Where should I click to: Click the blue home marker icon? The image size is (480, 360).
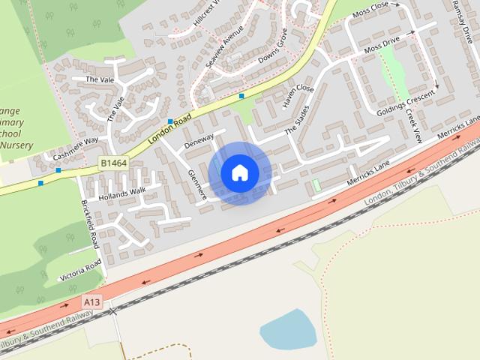click(x=239, y=172)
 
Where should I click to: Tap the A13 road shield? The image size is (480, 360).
click(x=92, y=302)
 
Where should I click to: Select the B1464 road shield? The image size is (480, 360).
click(x=112, y=162)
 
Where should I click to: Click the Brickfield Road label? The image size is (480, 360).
click(x=90, y=224)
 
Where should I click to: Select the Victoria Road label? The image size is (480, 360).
click(x=79, y=269)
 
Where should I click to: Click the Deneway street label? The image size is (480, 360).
click(x=199, y=139)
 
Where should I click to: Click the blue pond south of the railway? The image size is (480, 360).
click(x=289, y=329)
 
